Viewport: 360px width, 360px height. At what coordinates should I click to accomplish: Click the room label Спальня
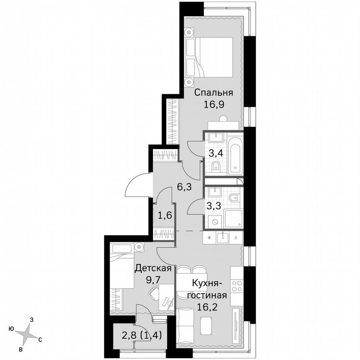(213, 92)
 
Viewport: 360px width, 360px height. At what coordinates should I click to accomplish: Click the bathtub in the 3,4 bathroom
(235, 155)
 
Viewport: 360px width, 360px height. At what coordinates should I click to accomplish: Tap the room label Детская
(153, 268)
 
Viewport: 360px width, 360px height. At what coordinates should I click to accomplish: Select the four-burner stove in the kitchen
(237, 286)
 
